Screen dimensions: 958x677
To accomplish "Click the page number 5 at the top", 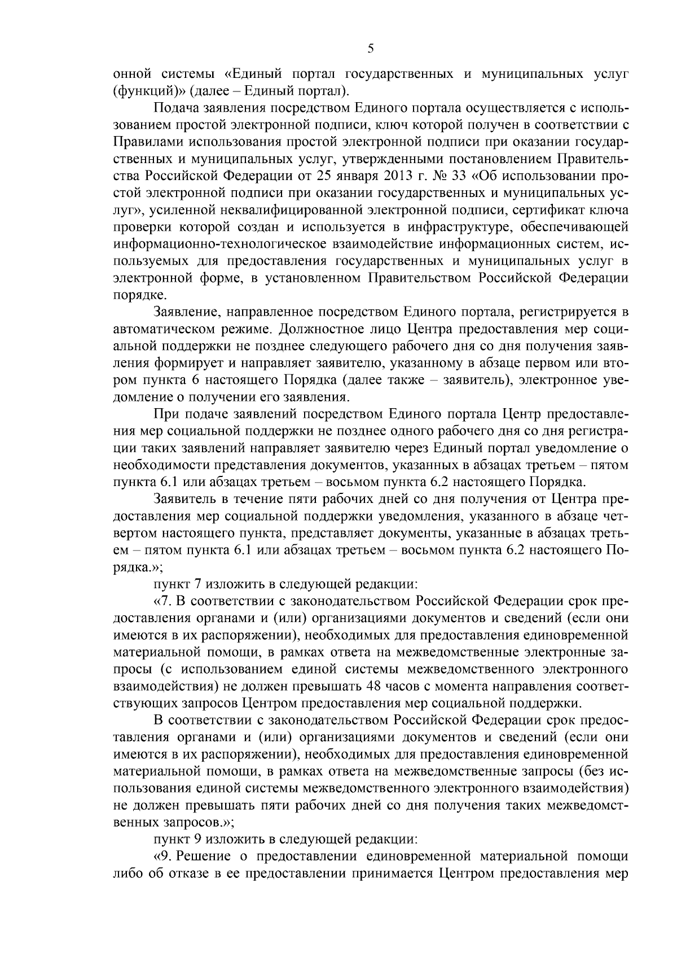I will point(370,49).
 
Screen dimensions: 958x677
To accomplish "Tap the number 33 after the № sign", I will point(463,173).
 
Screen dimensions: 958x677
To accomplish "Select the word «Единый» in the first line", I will point(256,74).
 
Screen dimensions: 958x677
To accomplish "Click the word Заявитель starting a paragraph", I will point(181,498).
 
